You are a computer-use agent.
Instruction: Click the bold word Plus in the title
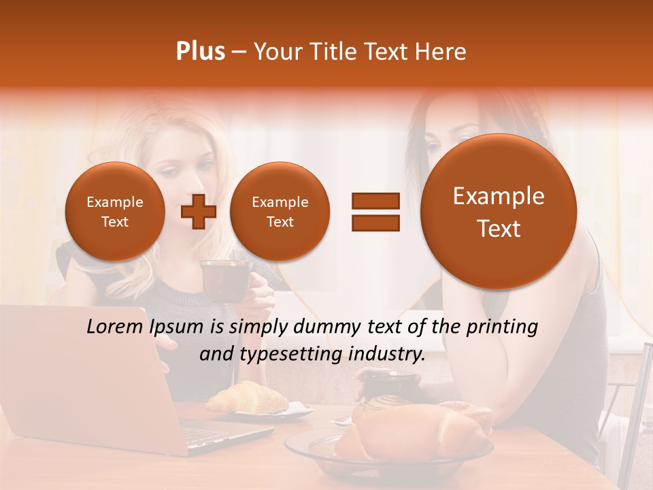pyautogui.click(x=200, y=52)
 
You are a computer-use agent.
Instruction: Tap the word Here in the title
pyautogui.click(x=441, y=52)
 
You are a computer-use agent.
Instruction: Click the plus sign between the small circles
pyautogui.click(x=199, y=211)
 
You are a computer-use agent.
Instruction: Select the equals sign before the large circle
pyautogui.click(x=375, y=212)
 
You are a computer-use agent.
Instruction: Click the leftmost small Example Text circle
pyautogui.click(x=115, y=212)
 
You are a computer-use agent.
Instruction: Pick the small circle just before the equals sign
pyautogui.click(x=280, y=212)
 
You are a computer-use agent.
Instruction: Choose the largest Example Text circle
pyautogui.click(x=499, y=212)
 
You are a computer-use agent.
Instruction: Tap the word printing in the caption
pyautogui.click(x=502, y=327)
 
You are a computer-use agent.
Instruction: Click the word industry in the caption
pyautogui.click(x=386, y=355)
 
